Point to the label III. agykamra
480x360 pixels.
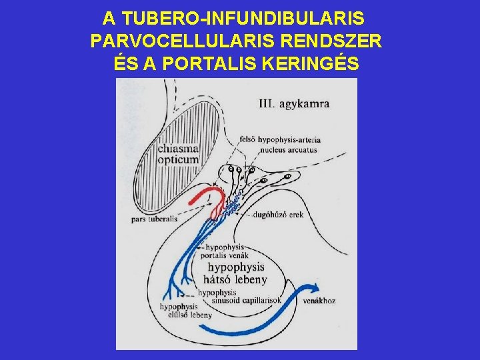click(x=293, y=104)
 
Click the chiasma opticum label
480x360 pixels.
click(x=178, y=154)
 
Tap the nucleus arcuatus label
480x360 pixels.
click(x=279, y=149)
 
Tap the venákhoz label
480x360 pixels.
click(x=319, y=301)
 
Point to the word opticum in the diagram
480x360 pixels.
click(x=178, y=159)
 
